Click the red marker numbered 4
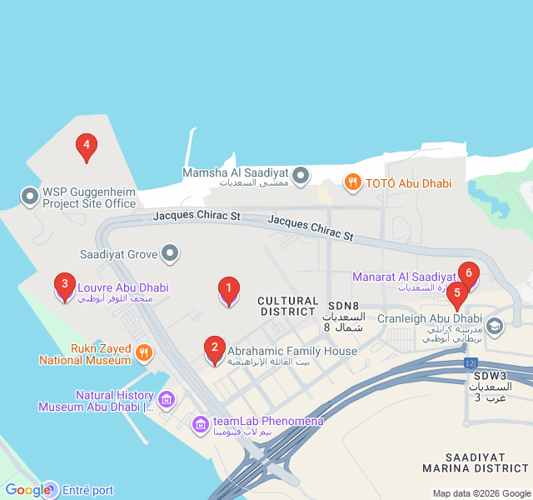(85, 147)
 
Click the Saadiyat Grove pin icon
(171, 252)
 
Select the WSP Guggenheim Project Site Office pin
(30, 197)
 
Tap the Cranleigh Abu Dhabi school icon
(495, 326)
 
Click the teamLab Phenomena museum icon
(200, 426)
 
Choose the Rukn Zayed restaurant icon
(144, 352)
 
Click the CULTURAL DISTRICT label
(288, 306)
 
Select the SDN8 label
(343, 306)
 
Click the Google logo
(27, 490)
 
